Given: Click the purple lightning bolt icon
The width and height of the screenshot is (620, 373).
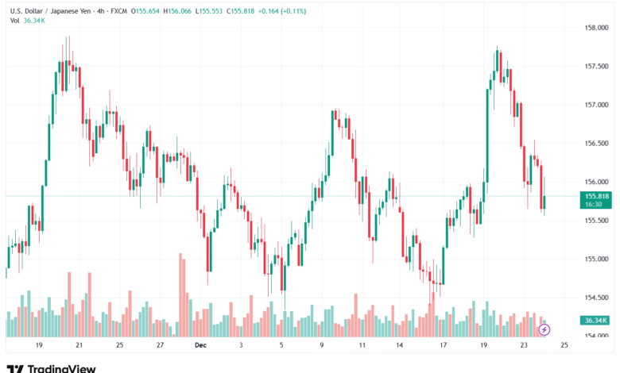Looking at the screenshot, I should pyautogui.click(x=544, y=329).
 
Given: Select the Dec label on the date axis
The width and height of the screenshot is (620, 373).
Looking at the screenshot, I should pyautogui.click(x=200, y=346).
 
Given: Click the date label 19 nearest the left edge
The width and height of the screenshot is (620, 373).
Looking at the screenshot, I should pyautogui.click(x=38, y=346).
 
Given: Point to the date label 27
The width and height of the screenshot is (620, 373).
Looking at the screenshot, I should pyautogui.click(x=160, y=346).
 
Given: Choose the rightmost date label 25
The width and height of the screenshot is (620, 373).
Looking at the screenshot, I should pyautogui.click(x=564, y=346).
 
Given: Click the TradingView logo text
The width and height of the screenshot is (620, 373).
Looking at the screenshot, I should pyautogui.click(x=61, y=368).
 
